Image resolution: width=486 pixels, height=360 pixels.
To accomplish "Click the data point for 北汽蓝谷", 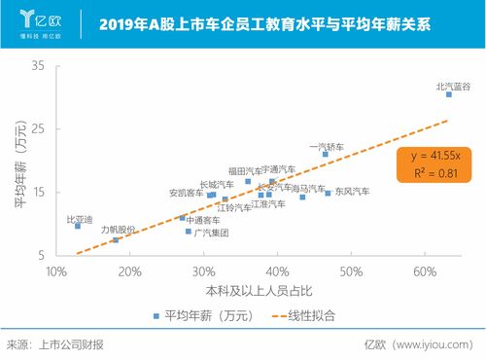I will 449,94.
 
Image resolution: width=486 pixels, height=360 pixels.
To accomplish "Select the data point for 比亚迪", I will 78,226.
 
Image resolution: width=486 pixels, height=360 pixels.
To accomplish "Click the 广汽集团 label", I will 211,234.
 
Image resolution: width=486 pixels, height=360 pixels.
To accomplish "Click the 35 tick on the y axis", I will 38,65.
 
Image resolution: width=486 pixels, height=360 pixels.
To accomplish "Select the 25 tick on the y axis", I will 38,128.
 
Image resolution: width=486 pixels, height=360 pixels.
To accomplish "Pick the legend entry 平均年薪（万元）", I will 194,315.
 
